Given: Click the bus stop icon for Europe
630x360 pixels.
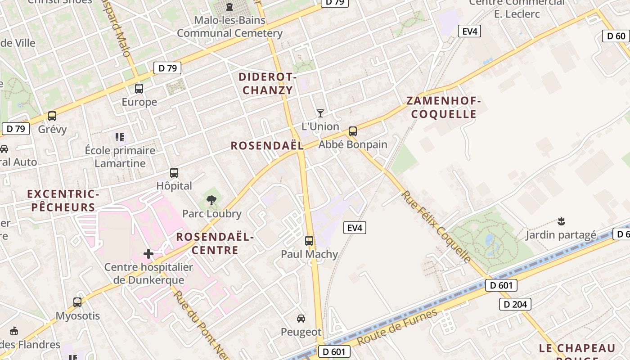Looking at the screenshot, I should [139, 89].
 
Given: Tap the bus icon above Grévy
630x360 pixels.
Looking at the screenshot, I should [52, 116].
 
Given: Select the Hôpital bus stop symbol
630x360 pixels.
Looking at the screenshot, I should [174, 173].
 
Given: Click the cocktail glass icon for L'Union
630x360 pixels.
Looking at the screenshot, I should [320, 113].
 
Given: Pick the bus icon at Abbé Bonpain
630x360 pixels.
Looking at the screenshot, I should [353, 131].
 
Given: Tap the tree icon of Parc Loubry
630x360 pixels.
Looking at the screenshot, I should [211, 200].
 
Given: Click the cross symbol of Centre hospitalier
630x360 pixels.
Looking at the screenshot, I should [148, 254].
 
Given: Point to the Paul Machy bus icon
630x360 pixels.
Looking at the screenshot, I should [309, 241].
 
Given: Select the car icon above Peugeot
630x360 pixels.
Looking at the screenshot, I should [301, 319].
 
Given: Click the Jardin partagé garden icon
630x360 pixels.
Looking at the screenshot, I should [561, 221].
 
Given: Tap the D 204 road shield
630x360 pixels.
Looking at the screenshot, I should [515, 304].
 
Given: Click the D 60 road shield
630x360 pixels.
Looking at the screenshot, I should [616, 36].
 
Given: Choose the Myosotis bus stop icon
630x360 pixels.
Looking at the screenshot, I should [77, 302].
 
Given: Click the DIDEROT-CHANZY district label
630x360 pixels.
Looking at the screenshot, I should [268, 84].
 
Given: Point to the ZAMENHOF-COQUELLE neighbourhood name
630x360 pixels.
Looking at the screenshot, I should [444, 108].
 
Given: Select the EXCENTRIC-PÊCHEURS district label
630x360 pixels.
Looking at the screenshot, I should [63, 201].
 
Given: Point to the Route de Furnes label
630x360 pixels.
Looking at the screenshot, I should [397, 327].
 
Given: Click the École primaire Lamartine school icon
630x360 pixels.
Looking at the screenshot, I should [120, 137].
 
